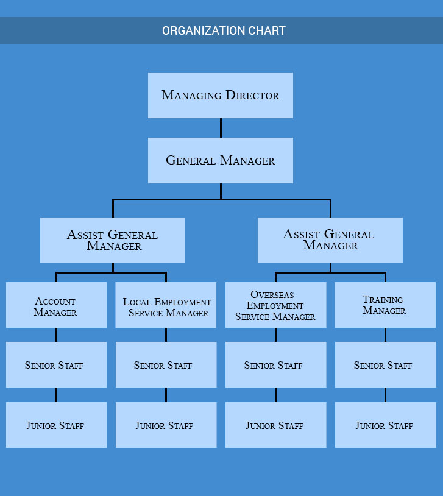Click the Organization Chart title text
tap(224, 30)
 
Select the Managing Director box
tap(220, 95)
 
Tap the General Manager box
tap(220, 160)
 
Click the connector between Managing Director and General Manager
tap(221, 128)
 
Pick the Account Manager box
tap(56, 305)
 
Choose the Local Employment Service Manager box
tap(166, 305)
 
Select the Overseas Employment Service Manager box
tap(275, 305)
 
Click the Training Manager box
tap(385, 305)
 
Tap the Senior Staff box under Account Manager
tap(56, 364)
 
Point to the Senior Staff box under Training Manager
tap(385, 364)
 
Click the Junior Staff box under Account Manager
tap(56, 425)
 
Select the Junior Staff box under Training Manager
tap(385, 425)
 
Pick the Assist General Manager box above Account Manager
tap(113, 240)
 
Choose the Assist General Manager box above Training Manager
tap(330, 240)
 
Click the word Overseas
tap(272, 295)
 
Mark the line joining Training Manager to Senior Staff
tap(385, 335)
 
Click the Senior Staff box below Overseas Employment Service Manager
tap(275, 364)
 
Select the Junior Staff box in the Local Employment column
tap(166, 425)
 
